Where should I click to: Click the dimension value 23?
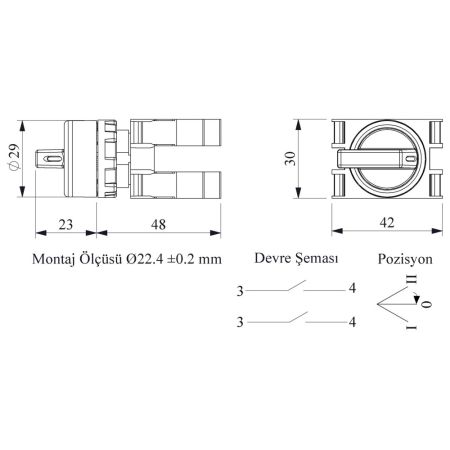(x=66, y=225)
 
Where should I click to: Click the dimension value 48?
(x=158, y=225)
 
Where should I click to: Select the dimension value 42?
(x=387, y=223)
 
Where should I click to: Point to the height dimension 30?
(x=290, y=158)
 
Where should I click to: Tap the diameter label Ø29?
(x=15, y=157)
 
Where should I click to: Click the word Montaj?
(x=53, y=259)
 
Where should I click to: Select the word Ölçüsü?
(x=101, y=258)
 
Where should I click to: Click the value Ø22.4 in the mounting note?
(x=144, y=259)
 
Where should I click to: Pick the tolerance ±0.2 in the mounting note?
(x=180, y=259)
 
